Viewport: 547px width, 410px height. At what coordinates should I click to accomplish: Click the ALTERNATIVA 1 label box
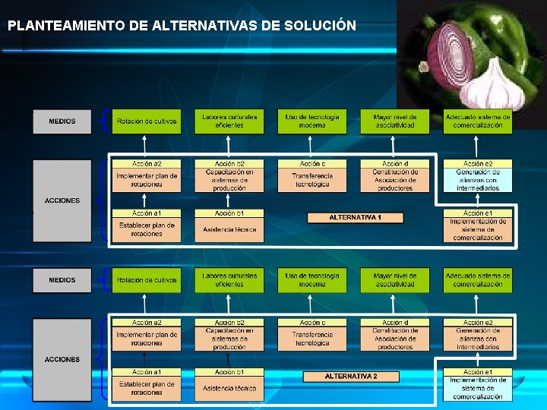click(x=355, y=218)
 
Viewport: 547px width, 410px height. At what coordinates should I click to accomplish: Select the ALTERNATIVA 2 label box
click(x=351, y=377)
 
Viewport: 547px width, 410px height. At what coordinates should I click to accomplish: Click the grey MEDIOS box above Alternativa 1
click(x=62, y=121)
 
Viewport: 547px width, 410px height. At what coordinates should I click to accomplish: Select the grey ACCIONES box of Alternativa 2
click(x=62, y=359)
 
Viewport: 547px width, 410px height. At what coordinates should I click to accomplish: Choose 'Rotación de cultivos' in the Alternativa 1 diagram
click(x=147, y=121)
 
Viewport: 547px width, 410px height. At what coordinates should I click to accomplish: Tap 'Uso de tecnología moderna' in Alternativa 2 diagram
click(x=312, y=280)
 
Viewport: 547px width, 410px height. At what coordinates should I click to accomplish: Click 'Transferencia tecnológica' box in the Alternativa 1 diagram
click(x=312, y=180)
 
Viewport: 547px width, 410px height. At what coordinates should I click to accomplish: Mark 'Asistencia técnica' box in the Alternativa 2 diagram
click(x=229, y=389)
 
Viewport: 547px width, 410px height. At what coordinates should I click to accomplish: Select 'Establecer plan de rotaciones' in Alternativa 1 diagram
click(x=147, y=229)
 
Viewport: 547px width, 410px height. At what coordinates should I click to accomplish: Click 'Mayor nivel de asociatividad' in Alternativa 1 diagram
click(x=395, y=121)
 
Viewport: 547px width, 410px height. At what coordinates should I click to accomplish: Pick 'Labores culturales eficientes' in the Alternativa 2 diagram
click(x=229, y=280)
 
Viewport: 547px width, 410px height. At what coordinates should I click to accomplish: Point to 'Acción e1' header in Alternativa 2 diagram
click(x=478, y=372)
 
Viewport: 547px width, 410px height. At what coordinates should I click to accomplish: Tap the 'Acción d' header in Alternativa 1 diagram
click(x=395, y=164)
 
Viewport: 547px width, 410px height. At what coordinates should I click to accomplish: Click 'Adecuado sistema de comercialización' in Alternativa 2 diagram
click(x=478, y=280)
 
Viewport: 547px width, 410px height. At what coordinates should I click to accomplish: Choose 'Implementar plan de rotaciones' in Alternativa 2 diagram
click(x=147, y=339)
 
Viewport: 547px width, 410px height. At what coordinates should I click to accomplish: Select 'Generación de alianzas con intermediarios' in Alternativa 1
click(x=478, y=180)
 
